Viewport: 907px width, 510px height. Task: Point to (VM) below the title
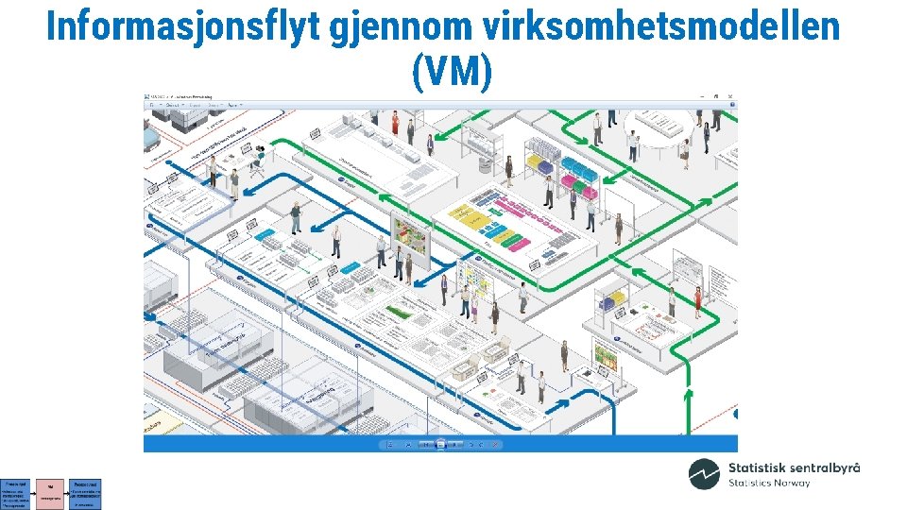pos(452,72)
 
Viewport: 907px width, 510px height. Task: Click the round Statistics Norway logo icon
pos(704,474)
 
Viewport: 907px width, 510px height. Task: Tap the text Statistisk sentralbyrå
pos(794,467)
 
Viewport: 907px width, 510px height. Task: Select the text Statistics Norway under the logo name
pos(768,484)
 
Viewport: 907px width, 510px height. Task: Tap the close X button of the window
pos(730,96)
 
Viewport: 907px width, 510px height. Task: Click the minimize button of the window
pos(702,96)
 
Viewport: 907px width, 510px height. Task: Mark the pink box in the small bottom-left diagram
pos(49,493)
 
